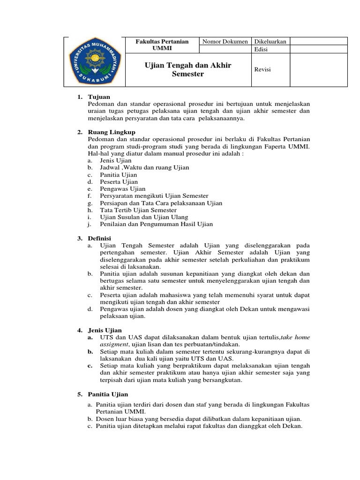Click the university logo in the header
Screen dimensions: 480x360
pyautogui.click(x=95, y=62)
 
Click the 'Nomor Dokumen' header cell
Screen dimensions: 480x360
pyautogui.click(x=225, y=42)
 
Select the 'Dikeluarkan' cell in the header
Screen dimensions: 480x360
pyautogui.click(x=270, y=42)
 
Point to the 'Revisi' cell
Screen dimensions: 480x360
pyautogui.click(x=262, y=69)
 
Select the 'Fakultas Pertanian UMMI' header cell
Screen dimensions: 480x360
pyautogui.click(x=162, y=45)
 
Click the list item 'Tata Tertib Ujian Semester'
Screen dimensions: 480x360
pyautogui.click(x=135, y=210)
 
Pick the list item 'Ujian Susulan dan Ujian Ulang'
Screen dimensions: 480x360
pyautogui.click(x=143, y=217)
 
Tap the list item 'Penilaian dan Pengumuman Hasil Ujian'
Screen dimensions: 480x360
pyautogui.click(x=156, y=224)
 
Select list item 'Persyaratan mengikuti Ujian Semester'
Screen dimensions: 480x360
pyautogui.click(x=154, y=196)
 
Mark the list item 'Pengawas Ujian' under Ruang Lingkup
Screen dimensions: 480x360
pyautogui.click(x=122, y=189)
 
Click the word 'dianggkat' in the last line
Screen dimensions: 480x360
pyautogui.click(x=255, y=426)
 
